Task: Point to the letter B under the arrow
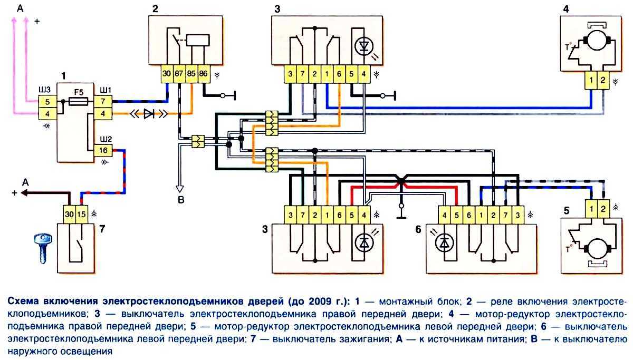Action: click(x=180, y=200)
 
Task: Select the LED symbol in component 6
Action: click(x=445, y=243)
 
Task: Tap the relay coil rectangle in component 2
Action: click(x=197, y=41)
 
